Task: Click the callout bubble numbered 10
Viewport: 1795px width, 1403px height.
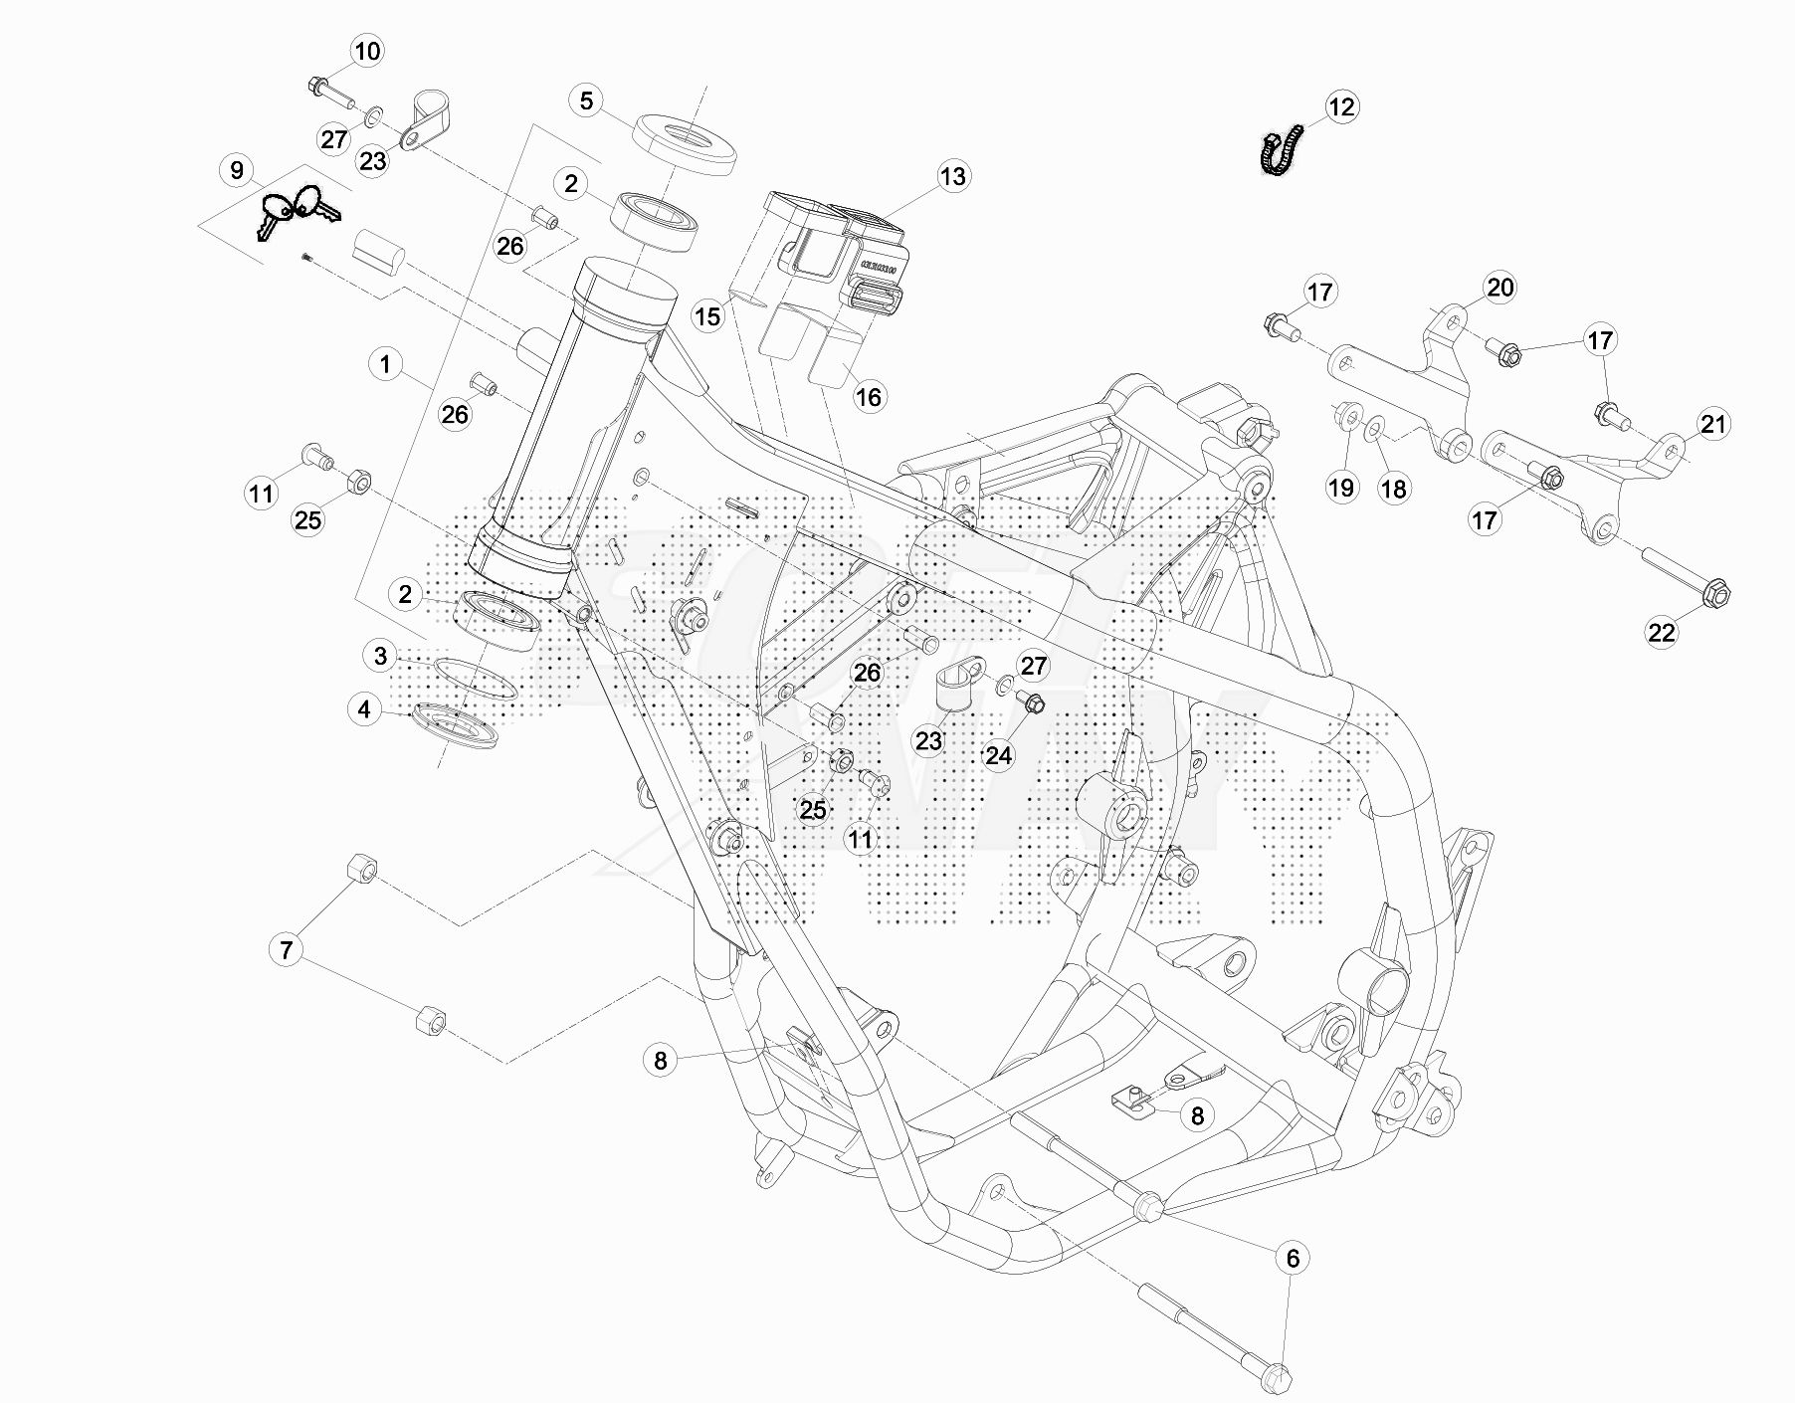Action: coord(367,52)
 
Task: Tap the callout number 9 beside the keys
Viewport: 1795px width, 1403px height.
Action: coord(237,170)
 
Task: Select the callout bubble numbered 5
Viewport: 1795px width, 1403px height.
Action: coord(586,100)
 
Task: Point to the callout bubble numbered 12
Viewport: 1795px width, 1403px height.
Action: coord(1341,107)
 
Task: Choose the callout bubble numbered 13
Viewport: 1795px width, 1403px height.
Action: coord(952,177)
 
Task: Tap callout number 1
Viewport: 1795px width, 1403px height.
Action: coord(386,364)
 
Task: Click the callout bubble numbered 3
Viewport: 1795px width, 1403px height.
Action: coord(380,656)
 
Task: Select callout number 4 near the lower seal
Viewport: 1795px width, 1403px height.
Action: coord(364,709)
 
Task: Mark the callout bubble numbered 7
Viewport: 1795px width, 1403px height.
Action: coord(287,950)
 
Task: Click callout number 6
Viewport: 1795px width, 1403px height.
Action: coord(1293,1259)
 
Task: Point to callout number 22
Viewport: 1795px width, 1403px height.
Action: coord(1662,632)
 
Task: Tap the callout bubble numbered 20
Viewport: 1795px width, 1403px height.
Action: coord(1499,289)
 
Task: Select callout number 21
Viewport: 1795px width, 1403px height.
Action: coord(1712,425)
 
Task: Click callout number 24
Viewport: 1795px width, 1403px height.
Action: coord(998,756)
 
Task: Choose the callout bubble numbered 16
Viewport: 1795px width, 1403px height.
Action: coord(869,398)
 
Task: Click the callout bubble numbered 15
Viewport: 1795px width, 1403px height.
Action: coord(707,317)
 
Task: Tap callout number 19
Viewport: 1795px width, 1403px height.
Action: coord(1341,488)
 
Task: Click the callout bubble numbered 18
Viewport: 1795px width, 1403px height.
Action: coord(1394,489)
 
